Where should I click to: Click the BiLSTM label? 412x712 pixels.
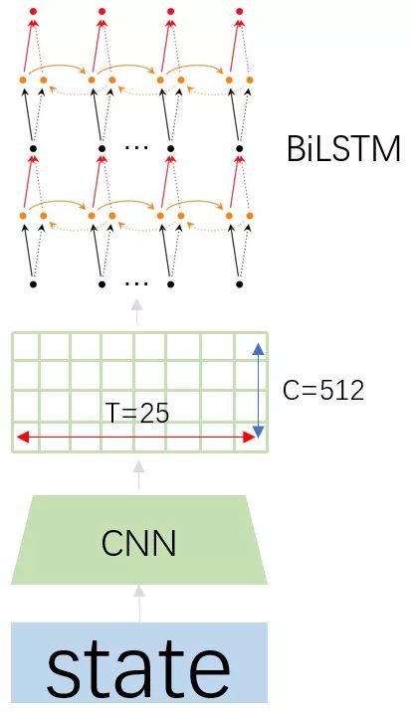click(x=343, y=148)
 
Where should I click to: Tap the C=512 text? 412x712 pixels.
click(x=323, y=390)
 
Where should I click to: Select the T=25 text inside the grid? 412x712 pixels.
click(x=137, y=413)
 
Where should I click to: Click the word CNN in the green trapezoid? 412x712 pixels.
click(x=139, y=543)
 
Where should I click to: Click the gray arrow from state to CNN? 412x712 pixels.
click(x=139, y=604)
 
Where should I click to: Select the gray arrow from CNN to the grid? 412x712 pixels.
click(x=139, y=475)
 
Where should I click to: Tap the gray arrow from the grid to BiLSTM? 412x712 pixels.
click(x=136, y=312)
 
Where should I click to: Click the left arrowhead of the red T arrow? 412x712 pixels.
click(x=23, y=438)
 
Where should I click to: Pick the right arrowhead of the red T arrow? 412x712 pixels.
click(x=249, y=438)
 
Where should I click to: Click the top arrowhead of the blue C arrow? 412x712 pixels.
click(x=258, y=349)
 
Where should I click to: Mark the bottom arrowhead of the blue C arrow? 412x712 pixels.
click(x=258, y=432)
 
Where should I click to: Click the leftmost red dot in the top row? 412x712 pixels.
click(x=33, y=11)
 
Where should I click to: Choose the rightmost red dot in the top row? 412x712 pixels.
click(x=240, y=11)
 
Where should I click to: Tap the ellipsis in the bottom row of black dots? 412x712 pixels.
click(x=136, y=283)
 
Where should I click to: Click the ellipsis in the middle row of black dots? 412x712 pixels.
click(x=136, y=147)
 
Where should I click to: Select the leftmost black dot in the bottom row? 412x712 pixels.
click(x=33, y=284)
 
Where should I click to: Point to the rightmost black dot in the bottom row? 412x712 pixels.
click(x=240, y=284)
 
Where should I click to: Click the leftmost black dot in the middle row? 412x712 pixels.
click(x=33, y=148)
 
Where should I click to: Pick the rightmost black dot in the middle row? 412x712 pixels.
click(x=240, y=148)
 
